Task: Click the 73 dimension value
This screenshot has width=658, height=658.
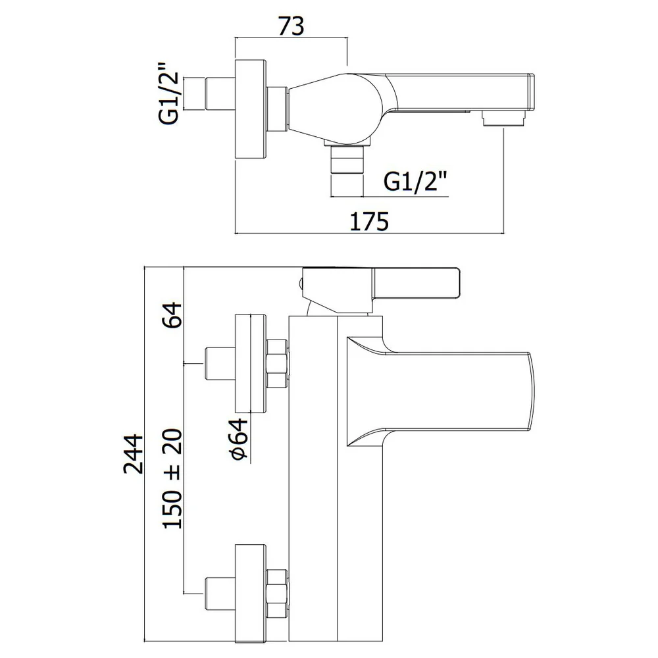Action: pyautogui.click(x=291, y=26)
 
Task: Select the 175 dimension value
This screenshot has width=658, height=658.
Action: pyautogui.click(x=369, y=221)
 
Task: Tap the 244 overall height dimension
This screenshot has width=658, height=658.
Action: pyautogui.click(x=134, y=455)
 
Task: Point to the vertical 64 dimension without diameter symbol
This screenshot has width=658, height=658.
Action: pyautogui.click(x=172, y=315)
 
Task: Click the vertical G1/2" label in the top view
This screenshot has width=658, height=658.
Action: pyautogui.click(x=168, y=93)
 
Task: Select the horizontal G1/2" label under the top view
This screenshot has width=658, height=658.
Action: pyautogui.click(x=416, y=182)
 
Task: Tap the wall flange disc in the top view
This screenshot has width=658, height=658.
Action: pyautogui.click(x=251, y=109)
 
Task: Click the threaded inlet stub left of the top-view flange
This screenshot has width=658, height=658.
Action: pyautogui.click(x=220, y=94)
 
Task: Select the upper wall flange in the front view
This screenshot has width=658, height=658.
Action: pyautogui.click(x=251, y=363)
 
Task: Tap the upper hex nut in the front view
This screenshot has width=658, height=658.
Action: pyautogui.click(x=277, y=363)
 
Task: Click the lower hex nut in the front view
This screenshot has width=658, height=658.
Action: pyautogui.click(x=277, y=594)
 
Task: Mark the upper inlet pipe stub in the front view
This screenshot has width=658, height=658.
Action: pyautogui.click(x=220, y=363)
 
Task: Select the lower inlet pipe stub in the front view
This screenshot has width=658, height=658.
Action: pyautogui.click(x=220, y=594)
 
